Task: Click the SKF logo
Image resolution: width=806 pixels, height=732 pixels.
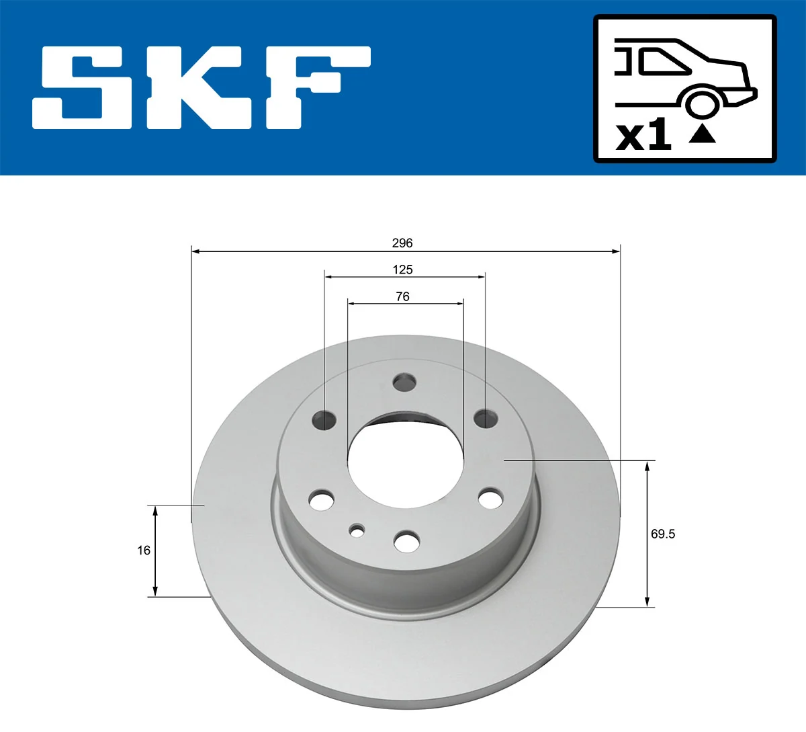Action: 201,87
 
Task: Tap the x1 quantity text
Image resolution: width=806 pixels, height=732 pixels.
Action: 643,136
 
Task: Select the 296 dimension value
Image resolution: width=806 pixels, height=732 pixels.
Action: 402,243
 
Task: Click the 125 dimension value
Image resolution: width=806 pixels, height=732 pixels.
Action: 402,270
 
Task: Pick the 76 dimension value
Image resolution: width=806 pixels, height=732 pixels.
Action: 402,296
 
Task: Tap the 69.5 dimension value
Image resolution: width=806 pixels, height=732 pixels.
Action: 662,534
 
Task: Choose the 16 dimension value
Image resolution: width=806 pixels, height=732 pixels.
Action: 144,550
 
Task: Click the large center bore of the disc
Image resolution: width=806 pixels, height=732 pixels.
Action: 405,464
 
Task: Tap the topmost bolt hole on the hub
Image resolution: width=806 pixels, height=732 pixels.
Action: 404,382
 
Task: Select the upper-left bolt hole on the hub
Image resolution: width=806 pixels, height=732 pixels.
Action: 324,420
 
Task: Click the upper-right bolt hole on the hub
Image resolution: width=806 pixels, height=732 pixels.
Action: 486,419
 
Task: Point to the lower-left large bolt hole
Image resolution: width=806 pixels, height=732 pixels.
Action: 322,499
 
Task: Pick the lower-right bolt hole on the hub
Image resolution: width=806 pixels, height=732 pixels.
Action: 490,499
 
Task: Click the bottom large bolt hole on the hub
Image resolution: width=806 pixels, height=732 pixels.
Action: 406,541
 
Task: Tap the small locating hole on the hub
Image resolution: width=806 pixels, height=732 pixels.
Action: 357,530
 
